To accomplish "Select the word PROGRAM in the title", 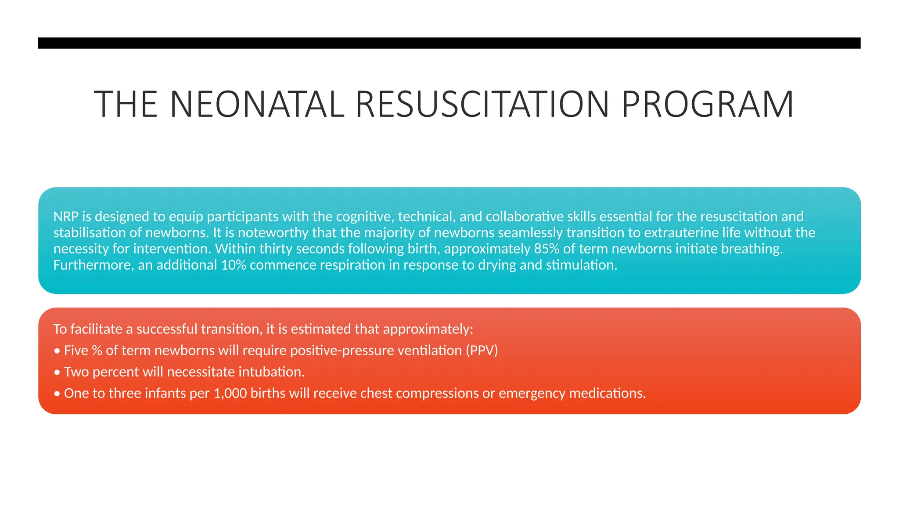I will [x=708, y=105].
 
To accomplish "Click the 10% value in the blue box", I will [x=233, y=265].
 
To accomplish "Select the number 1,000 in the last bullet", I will [x=230, y=393].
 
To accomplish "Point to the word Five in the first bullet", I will [x=76, y=351].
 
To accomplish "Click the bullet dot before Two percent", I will [x=57, y=372].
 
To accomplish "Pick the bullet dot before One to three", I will [x=57, y=394].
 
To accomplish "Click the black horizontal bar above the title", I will [x=449, y=43].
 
